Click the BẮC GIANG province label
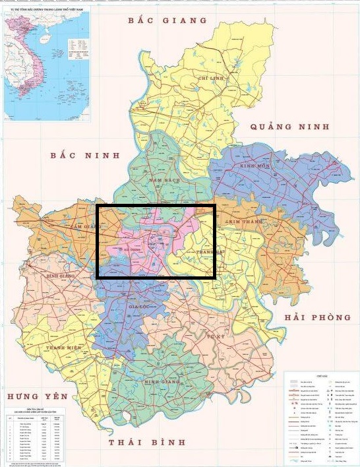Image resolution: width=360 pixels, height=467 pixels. (x=167, y=20)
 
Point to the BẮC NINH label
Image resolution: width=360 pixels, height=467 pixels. (x=86, y=156)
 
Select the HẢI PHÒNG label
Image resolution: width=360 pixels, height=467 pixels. (x=318, y=317)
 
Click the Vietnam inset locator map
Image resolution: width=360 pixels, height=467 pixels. (x=46, y=63)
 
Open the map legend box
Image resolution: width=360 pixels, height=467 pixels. (x=321, y=419)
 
